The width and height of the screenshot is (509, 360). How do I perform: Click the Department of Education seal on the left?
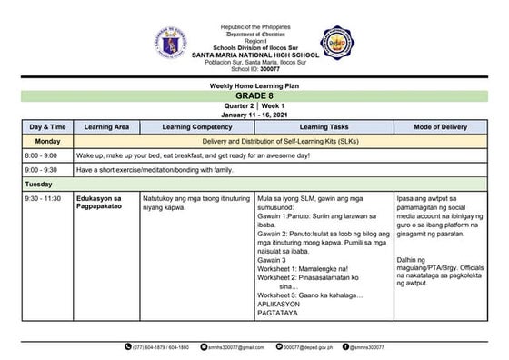(x=169, y=43)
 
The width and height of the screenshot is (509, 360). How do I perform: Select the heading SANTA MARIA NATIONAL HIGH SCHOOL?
(x=254, y=53)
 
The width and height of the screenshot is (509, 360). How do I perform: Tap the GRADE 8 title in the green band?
(x=254, y=95)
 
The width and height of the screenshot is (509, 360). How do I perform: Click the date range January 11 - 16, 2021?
(x=254, y=115)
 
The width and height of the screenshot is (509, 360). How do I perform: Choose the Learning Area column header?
(x=106, y=128)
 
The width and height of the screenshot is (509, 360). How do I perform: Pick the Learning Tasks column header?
(x=324, y=128)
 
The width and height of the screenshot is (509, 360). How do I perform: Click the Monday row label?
(x=47, y=142)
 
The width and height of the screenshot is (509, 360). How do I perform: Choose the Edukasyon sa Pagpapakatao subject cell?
(x=105, y=202)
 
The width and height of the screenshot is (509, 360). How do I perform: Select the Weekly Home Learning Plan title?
(x=254, y=85)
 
